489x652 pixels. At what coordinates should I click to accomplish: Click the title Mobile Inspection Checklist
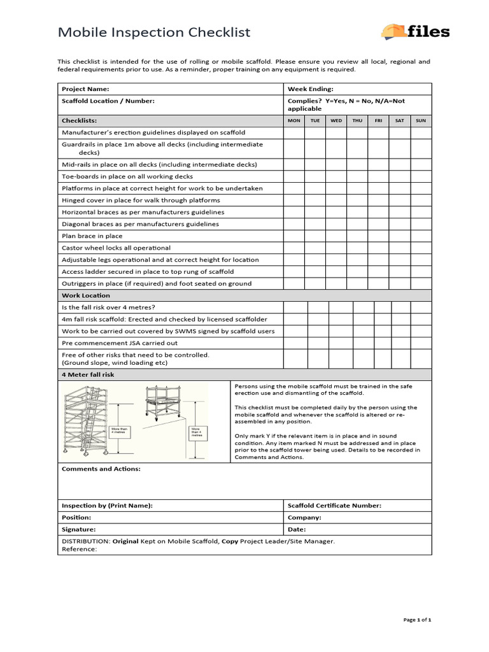(x=154, y=32)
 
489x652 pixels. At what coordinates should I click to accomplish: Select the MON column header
(x=294, y=120)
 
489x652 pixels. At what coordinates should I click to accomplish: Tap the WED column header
(x=336, y=120)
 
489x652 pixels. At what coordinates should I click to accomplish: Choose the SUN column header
(x=421, y=120)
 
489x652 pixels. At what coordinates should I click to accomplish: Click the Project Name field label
(x=85, y=89)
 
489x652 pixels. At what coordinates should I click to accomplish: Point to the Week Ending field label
(x=311, y=89)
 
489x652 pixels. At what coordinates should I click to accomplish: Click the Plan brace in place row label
(x=92, y=236)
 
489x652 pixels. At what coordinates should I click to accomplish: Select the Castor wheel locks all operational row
(x=116, y=248)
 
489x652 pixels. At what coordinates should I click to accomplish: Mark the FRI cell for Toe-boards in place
(x=378, y=176)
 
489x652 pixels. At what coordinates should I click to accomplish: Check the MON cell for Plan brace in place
(x=294, y=236)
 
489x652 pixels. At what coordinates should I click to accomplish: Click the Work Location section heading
(x=86, y=295)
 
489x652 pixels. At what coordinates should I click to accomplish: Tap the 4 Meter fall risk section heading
(x=88, y=375)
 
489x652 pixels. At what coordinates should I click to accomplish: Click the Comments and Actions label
(x=101, y=469)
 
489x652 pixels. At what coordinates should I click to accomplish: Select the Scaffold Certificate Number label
(x=335, y=506)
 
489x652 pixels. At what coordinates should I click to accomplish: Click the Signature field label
(x=79, y=529)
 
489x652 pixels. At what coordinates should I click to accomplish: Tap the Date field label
(x=297, y=529)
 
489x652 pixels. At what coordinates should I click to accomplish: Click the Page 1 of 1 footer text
(x=418, y=620)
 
